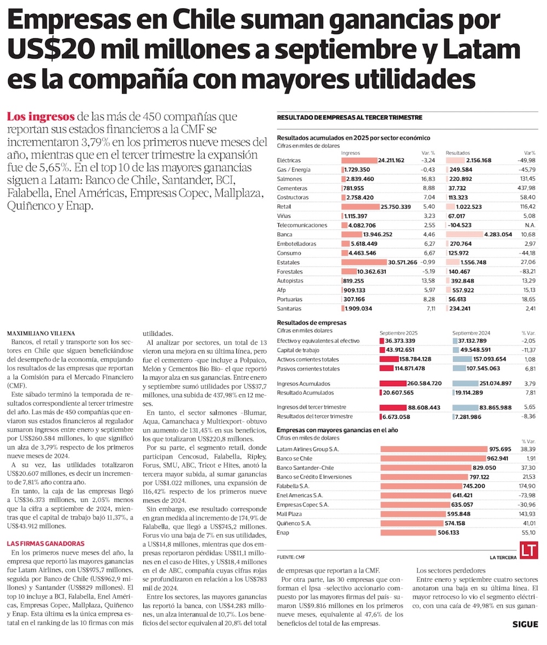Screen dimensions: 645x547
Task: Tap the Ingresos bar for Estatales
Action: (372, 262)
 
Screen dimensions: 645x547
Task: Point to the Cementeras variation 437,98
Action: (526, 188)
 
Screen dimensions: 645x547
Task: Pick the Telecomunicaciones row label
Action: (302, 225)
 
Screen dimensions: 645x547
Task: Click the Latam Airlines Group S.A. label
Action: (308, 449)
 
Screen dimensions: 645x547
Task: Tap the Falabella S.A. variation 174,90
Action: (528, 486)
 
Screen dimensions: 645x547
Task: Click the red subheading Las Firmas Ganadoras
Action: (45, 544)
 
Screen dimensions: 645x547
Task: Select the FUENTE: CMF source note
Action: (291, 557)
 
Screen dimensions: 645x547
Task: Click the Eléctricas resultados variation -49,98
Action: (526, 160)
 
